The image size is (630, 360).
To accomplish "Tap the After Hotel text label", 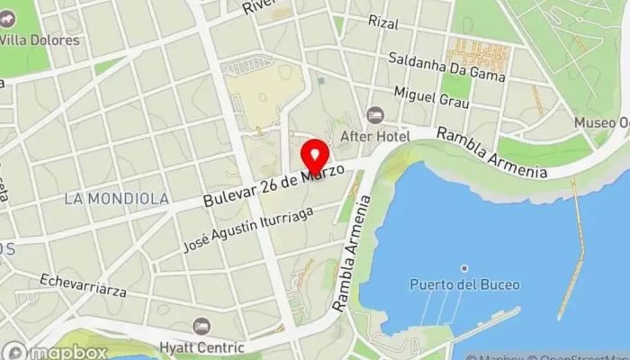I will (375, 136).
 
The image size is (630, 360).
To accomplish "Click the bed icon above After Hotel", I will (374, 115).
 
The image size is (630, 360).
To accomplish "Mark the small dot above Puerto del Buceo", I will (464, 268).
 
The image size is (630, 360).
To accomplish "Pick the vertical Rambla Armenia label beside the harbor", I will (352, 256).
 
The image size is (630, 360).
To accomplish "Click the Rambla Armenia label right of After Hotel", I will (492, 152).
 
